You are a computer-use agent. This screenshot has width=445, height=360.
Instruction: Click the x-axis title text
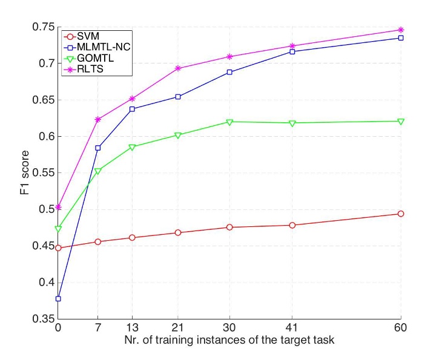click(229, 341)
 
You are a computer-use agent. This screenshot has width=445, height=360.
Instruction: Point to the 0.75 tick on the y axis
click(44, 27)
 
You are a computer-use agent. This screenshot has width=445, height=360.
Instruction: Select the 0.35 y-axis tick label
click(44, 319)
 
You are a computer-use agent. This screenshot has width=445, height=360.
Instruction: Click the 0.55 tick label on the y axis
click(44, 173)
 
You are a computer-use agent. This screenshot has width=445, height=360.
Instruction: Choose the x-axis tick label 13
click(132, 328)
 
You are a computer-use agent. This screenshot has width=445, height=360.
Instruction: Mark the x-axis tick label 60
click(400, 328)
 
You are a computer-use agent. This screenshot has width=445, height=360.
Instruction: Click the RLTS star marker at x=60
click(400, 30)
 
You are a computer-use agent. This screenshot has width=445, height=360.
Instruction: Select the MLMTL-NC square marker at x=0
click(58, 298)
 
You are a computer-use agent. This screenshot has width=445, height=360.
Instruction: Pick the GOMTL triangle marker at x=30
click(229, 122)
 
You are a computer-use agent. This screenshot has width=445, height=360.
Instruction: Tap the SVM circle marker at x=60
click(400, 214)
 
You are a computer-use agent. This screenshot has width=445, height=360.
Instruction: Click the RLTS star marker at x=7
click(98, 119)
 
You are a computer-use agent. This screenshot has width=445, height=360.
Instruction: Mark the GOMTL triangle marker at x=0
click(58, 229)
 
